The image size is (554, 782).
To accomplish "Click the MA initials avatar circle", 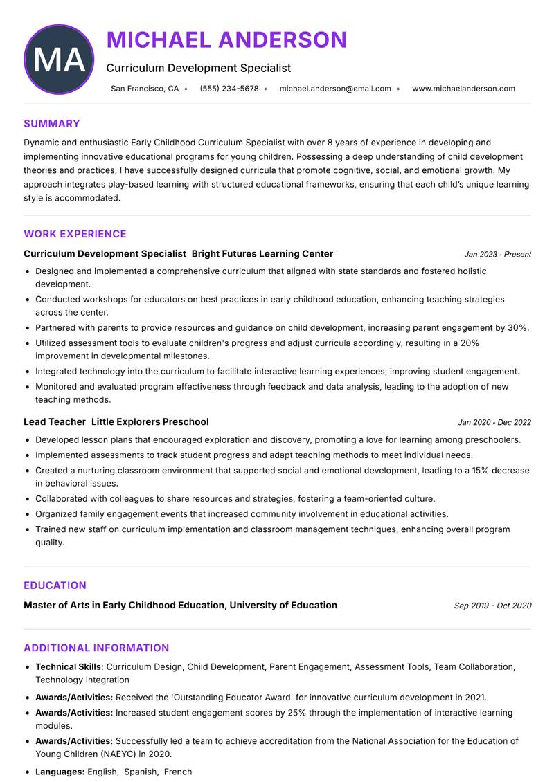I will click(x=59, y=60).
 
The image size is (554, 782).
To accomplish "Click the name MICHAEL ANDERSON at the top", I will click(x=226, y=40).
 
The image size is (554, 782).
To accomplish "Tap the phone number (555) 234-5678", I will click(x=229, y=89).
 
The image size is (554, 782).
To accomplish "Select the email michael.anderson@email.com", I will click(x=335, y=89).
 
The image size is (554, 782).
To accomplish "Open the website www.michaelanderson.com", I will click(x=463, y=89).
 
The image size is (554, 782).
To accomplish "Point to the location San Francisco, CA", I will click(x=145, y=89).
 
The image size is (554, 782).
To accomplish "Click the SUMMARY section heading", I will click(x=52, y=124).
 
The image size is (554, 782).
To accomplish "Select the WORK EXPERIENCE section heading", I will click(x=75, y=234).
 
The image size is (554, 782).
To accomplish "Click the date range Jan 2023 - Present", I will click(x=497, y=255).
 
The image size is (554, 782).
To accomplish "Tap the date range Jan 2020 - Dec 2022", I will click(x=494, y=422).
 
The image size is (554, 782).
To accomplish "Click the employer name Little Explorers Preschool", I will click(x=150, y=421).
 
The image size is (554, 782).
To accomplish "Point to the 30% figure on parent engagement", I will click(x=518, y=328).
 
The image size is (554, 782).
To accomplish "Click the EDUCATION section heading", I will click(x=55, y=585).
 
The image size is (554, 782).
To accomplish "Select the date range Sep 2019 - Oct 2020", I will click(x=492, y=606).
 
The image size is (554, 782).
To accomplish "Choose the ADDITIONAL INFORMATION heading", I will click(x=96, y=648).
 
